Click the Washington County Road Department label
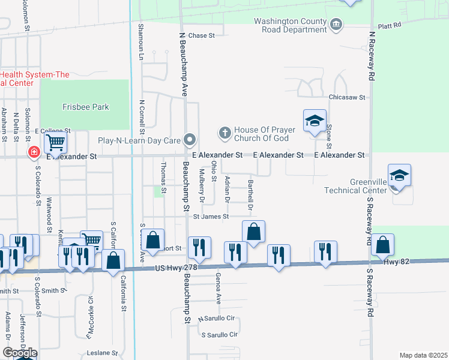click(290, 25)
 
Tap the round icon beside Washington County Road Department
click(336, 25)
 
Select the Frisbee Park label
click(86, 107)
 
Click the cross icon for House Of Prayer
click(224, 133)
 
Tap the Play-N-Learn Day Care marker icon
click(190, 140)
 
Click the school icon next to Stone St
click(315, 121)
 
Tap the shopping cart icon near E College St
click(55, 143)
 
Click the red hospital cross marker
click(34, 154)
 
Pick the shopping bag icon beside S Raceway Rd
click(382, 245)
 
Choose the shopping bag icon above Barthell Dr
click(254, 231)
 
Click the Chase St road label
click(202, 36)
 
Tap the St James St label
click(211, 216)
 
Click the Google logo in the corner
click(19, 353)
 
